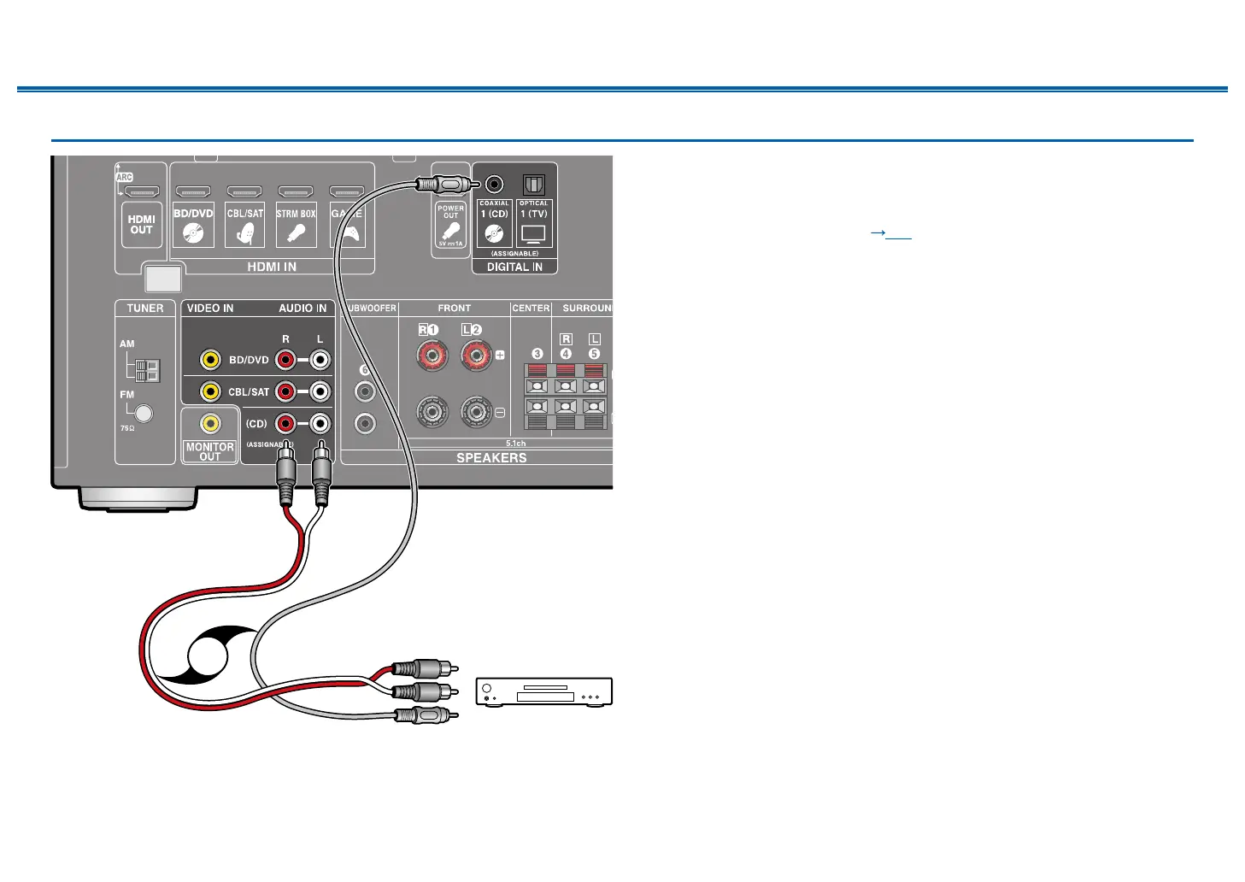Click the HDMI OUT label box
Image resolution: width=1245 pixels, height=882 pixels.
(x=141, y=224)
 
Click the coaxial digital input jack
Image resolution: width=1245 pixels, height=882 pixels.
(x=494, y=184)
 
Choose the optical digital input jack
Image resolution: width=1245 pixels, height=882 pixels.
(x=533, y=184)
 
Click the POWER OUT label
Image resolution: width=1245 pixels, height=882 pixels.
(x=450, y=212)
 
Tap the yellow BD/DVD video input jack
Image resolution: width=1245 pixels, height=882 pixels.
(x=210, y=360)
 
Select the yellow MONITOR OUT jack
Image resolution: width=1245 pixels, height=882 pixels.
(x=209, y=423)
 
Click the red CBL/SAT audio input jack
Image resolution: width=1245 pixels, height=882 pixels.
(x=285, y=391)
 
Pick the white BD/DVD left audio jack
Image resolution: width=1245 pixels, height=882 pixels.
(x=320, y=360)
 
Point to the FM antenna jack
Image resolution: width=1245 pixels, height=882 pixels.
(x=144, y=414)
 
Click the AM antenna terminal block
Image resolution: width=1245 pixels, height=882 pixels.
(x=148, y=370)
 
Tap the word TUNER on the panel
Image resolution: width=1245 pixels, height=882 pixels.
(x=145, y=309)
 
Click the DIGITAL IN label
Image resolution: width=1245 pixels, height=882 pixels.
(x=514, y=267)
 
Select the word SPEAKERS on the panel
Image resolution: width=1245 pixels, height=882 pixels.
(x=491, y=458)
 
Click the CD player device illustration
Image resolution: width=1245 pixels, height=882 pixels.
(x=543, y=691)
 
